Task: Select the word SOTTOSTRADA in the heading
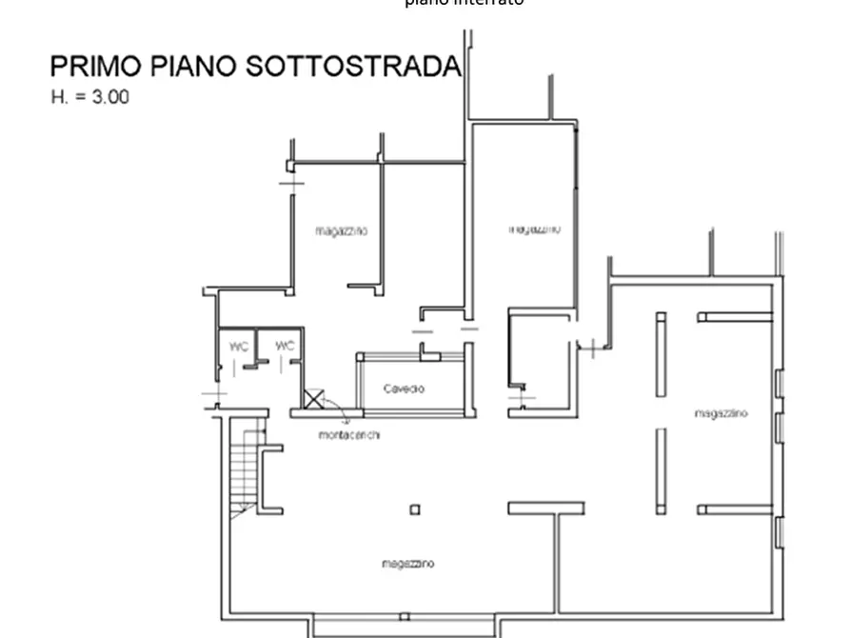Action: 353,67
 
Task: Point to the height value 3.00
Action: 109,97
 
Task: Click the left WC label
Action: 238,347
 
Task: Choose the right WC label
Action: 285,347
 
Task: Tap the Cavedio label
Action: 405,389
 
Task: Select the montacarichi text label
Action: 350,435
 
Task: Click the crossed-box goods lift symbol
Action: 313,398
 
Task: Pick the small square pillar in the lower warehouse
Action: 415,509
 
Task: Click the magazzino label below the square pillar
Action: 408,564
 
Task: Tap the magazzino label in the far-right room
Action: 721,413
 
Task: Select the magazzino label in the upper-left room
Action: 342,231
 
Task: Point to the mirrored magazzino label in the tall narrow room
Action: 535,229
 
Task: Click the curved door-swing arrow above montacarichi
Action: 340,409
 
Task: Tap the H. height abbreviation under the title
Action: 59,97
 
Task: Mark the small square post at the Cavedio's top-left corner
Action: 361,356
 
